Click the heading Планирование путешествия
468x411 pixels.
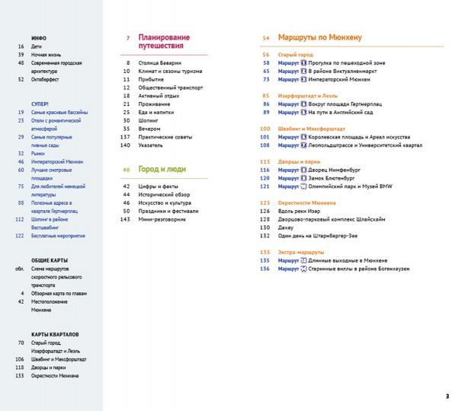coord(164,42)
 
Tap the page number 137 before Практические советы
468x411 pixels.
coord(126,136)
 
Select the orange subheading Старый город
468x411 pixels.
coord(296,56)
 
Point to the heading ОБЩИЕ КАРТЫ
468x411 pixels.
coord(50,260)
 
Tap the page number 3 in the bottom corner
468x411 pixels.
coord(447,396)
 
